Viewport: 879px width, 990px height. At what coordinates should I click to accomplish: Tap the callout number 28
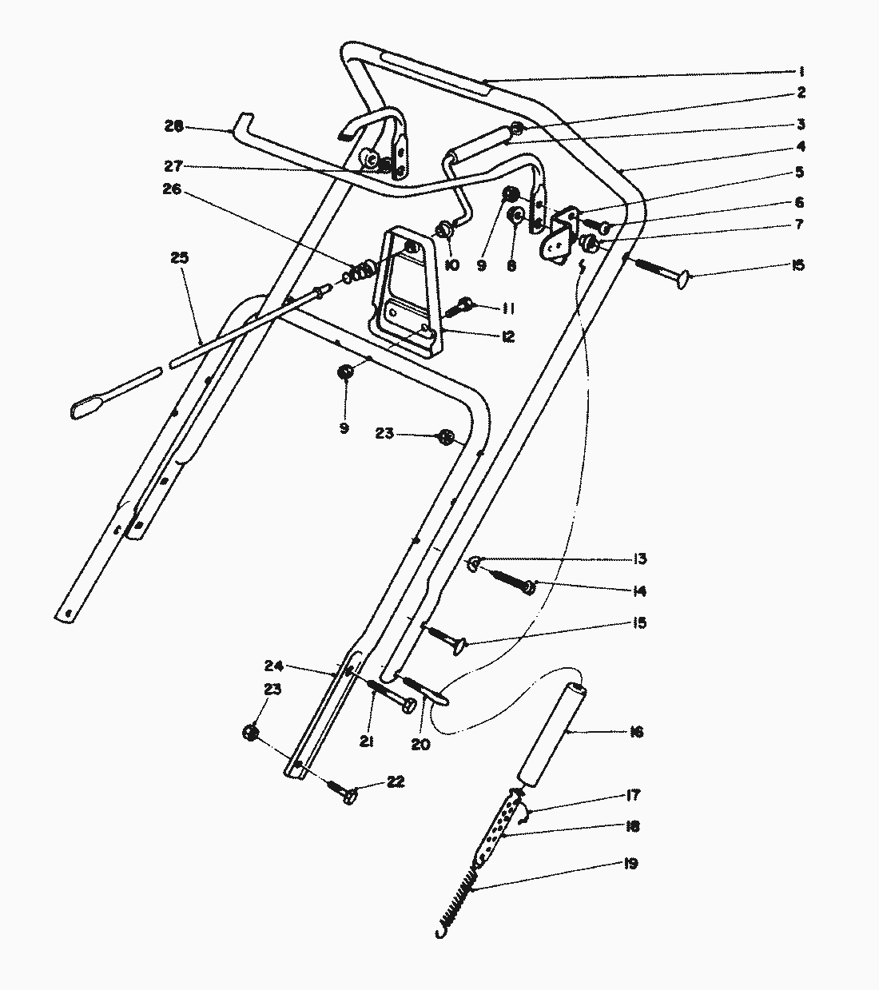click(173, 126)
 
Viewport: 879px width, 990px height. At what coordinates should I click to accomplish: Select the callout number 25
click(179, 258)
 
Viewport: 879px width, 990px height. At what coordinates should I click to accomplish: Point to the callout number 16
click(636, 732)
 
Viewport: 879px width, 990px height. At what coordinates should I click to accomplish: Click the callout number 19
click(630, 864)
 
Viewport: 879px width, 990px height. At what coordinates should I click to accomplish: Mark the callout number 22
click(396, 781)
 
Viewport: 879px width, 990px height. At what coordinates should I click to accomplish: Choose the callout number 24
click(274, 666)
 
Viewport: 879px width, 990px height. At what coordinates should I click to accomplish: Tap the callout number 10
click(451, 264)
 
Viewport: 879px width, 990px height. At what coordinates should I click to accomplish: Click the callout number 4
click(800, 147)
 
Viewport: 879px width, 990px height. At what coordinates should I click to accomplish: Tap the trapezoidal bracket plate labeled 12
click(408, 292)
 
